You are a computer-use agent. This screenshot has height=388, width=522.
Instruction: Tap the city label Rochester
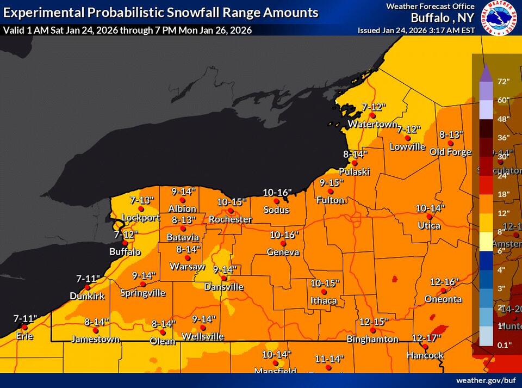[231, 219]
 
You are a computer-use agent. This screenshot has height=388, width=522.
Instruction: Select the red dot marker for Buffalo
[125, 243]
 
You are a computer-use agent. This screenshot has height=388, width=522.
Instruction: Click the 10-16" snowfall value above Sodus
[277, 192]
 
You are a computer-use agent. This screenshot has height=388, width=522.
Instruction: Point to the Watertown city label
[372, 124]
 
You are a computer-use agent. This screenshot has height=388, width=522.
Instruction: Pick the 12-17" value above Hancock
[426, 338]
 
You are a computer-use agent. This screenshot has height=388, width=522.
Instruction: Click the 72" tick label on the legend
[503, 82]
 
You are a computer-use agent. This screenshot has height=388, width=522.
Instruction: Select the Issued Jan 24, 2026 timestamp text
[417, 30]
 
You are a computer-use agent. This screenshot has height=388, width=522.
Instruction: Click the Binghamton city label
[372, 339]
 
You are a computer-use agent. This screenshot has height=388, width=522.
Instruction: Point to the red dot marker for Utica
[429, 217]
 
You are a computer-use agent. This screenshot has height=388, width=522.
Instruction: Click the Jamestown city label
[95, 339]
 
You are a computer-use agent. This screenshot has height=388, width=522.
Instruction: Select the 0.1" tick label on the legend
[503, 344]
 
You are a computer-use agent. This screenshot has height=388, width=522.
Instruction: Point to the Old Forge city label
[450, 152]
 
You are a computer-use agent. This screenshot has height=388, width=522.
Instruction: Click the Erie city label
[24, 336]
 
